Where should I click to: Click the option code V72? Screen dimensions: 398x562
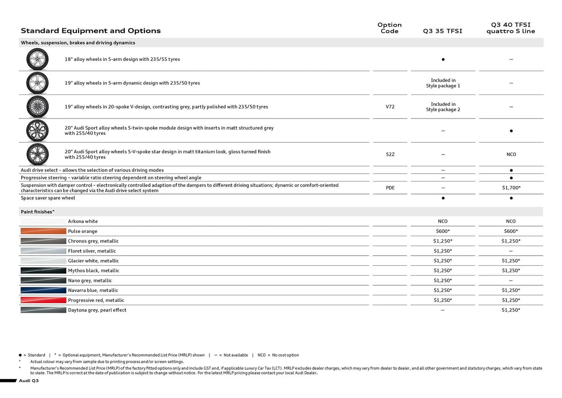(x=390, y=107)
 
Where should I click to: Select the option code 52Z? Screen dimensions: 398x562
(x=390, y=154)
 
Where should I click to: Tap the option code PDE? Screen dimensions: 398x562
(x=390, y=188)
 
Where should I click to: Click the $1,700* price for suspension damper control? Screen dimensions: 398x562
(x=511, y=188)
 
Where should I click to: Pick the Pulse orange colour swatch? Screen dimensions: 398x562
(x=43, y=231)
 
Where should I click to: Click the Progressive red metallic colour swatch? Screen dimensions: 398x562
(x=43, y=300)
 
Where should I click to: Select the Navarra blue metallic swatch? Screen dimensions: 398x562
(x=43, y=290)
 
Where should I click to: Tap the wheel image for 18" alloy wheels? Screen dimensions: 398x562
(x=37, y=59)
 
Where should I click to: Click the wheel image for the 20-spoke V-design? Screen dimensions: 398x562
(x=37, y=107)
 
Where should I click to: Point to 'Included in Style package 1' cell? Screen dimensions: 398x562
(x=443, y=83)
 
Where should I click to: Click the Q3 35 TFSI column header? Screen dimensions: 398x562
(x=442, y=31)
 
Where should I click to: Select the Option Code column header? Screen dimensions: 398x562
(x=389, y=28)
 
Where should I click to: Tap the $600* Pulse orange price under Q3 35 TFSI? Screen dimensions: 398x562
(x=443, y=231)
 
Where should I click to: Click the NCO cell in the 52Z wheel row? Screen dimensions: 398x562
(x=511, y=154)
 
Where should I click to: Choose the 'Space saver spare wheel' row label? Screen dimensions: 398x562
(x=48, y=198)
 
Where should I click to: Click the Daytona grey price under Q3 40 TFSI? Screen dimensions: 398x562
(x=511, y=310)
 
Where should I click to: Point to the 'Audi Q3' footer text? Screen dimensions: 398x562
(x=29, y=380)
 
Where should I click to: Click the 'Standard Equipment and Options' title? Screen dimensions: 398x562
(x=91, y=30)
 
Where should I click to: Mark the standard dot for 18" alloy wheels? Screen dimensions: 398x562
(x=443, y=59)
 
